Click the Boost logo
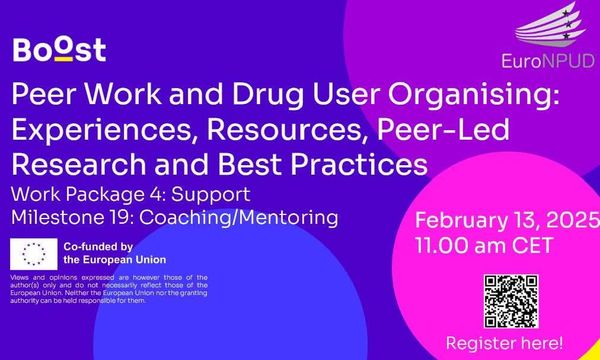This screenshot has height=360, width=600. pos(60,49)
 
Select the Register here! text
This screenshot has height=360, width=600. pos(515,343)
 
